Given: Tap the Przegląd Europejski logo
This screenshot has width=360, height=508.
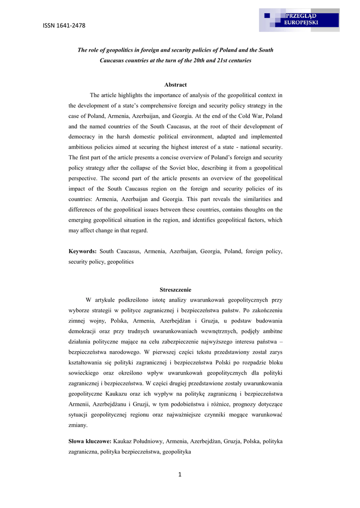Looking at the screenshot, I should coord(299,20).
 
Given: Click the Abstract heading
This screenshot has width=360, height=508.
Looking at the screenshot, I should coord(175,85).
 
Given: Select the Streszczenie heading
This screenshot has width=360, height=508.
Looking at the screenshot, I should coord(175,290).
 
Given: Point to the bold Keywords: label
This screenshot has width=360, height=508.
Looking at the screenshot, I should coord(82,252).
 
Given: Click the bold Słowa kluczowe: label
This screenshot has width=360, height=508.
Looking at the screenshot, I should coord(90,441).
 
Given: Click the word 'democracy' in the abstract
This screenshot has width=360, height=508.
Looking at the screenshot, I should coord(82,137).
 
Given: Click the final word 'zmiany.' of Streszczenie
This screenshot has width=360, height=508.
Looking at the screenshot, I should coord(77,425).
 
